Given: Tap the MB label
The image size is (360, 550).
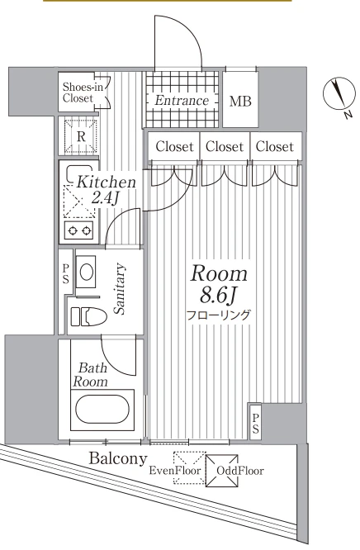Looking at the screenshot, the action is (240, 102).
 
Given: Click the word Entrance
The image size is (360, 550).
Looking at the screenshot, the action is (182, 101).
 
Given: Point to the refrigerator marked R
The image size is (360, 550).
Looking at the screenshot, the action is (81, 137).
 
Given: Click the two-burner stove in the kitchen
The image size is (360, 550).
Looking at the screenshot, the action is (79, 230).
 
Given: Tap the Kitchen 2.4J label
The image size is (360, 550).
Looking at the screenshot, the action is (106, 190).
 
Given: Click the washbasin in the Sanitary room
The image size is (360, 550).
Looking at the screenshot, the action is (86, 272).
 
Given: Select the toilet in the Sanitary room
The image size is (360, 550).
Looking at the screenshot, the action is (89, 317).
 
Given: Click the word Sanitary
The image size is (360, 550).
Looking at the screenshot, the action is (119, 288).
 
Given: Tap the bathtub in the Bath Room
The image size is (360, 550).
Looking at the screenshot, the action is (102, 410).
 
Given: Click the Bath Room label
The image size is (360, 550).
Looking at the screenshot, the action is (90, 375).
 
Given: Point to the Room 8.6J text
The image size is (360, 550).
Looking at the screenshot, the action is (220, 284).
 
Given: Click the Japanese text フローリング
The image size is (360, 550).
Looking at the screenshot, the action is (218, 315).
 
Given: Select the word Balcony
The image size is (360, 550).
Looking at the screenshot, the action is (118, 459).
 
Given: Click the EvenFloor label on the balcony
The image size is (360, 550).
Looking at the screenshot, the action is (175, 471).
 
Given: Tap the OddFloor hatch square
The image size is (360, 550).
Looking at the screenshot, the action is (222, 471).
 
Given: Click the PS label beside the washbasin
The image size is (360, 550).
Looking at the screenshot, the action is (66, 274).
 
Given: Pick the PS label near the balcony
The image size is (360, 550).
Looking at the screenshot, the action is (256, 424).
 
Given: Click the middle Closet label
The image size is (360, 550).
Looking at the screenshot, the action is (225, 147).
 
